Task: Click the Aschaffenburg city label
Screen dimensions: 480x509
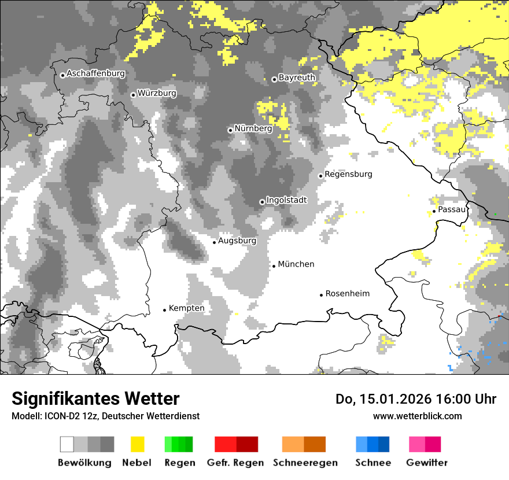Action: coord(95,74)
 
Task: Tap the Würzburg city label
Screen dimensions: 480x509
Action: coord(157,93)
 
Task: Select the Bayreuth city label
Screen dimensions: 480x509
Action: coord(297,77)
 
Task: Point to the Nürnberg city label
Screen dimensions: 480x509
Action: coord(253,128)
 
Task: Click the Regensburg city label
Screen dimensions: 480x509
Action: coord(348,174)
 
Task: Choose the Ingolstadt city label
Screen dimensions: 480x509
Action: coord(287,200)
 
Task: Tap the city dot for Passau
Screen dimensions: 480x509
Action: coord(434,212)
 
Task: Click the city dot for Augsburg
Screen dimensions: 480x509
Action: coord(214,242)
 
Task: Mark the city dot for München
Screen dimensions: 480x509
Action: coord(274,267)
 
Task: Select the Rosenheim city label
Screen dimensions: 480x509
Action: coord(347,294)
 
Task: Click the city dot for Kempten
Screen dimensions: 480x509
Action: coord(164,310)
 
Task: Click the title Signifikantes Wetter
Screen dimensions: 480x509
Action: coord(95,399)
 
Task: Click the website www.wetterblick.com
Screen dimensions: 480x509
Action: coord(417,416)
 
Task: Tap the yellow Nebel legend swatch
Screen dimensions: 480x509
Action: coord(137,444)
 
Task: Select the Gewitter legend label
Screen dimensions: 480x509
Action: coord(427,463)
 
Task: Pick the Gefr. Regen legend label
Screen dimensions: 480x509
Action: coord(235,463)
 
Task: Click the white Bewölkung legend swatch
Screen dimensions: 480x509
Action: coord(67,444)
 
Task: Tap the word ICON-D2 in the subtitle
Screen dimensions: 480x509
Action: coord(59,416)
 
